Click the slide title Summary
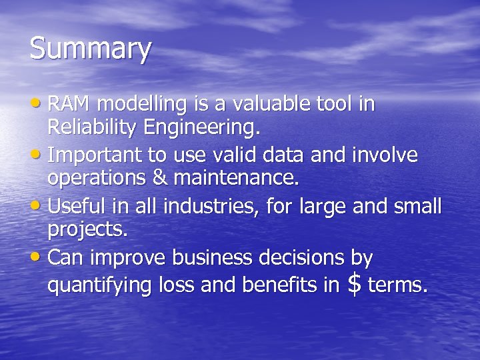(91, 50)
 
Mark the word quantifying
(100, 285)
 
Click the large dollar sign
(355, 284)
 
